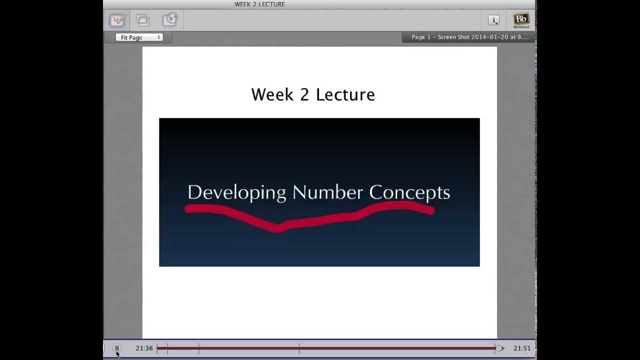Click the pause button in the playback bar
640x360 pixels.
116,348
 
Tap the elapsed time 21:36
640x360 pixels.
144,348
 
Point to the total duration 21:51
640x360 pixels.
521,348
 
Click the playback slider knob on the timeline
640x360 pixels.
499,348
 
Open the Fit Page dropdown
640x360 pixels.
139,37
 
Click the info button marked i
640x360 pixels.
493,20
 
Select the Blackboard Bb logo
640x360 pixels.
521,20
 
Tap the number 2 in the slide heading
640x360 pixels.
304,94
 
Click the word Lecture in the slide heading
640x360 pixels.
345,94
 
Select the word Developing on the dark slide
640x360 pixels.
236,192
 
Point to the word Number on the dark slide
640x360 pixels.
327,192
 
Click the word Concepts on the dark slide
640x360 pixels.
409,192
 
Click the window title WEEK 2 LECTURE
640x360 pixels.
259,4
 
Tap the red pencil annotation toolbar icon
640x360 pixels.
117,20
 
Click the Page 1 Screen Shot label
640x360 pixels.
469,37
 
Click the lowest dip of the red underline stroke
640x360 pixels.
278,228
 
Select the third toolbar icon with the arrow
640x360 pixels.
169,20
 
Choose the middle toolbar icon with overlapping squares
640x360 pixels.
143,20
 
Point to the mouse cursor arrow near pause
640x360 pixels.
117,354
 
